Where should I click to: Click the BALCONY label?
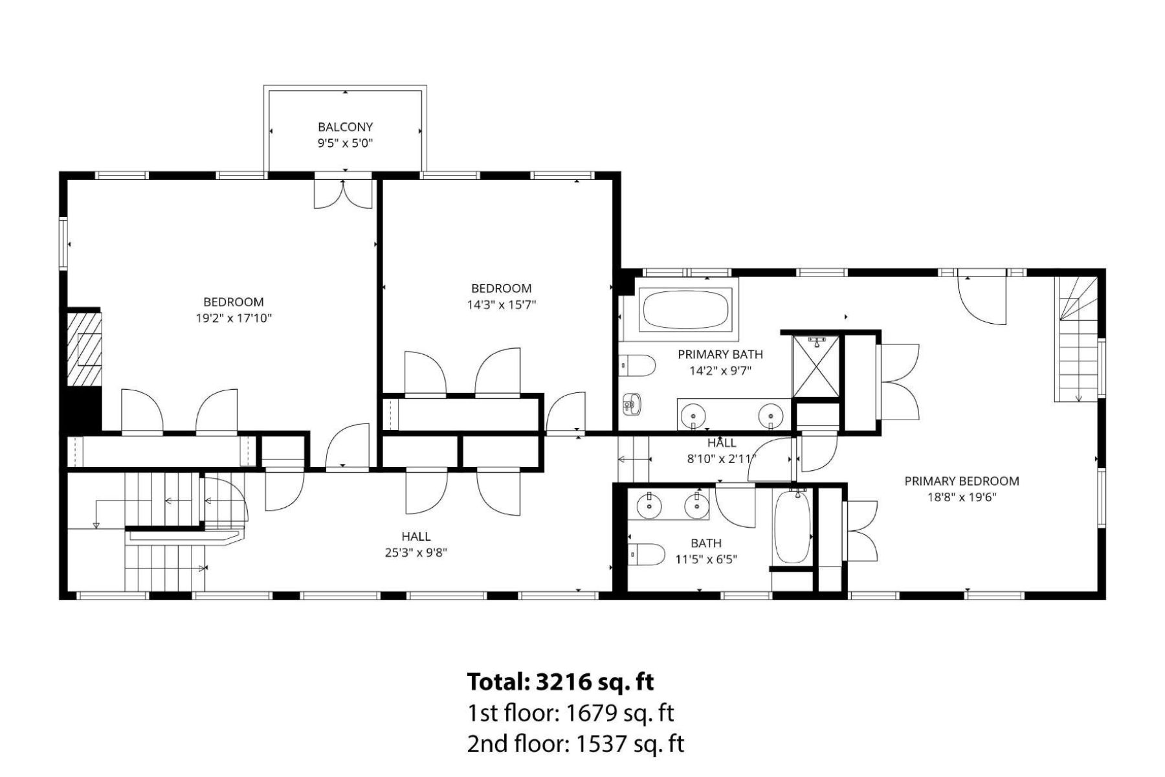coord(345,127)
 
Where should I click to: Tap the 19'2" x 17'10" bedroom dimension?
coord(234,318)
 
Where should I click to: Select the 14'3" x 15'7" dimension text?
coord(502,304)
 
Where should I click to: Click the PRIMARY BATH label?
coord(720,354)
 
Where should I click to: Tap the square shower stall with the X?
coord(816,366)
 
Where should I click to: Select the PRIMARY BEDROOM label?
coord(961,480)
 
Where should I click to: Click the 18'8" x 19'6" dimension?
coord(961,497)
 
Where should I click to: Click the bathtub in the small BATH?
coord(792,526)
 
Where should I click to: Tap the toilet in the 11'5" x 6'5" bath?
coord(647,554)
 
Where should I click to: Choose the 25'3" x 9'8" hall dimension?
coord(416,552)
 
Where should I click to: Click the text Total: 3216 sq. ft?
coord(560,681)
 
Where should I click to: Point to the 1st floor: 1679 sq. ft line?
coord(570,713)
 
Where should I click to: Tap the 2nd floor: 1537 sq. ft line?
coord(575,743)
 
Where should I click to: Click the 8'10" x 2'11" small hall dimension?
coord(721,458)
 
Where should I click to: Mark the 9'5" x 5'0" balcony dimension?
coord(345,143)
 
